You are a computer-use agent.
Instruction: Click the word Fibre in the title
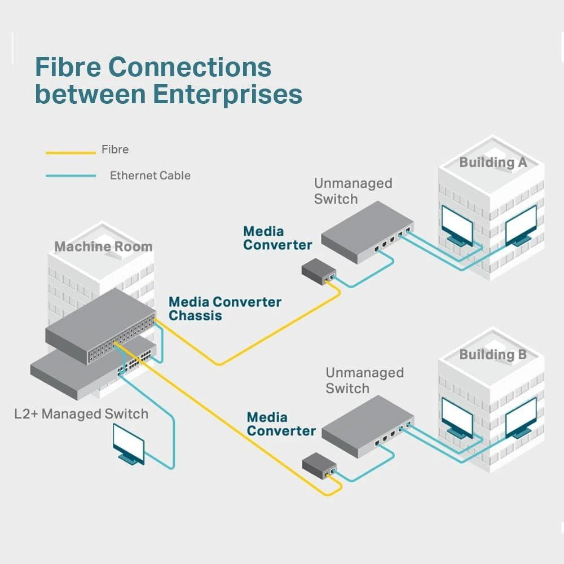[x=68, y=68]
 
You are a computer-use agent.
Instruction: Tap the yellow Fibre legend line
[x=70, y=152]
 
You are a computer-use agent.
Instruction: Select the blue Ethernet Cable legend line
[x=70, y=176]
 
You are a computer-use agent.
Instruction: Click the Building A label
[x=493, y=162]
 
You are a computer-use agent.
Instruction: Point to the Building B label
[x=493, y=355]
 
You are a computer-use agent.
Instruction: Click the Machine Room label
[x=103, y=246]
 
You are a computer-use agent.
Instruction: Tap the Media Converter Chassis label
[x=224, y=309]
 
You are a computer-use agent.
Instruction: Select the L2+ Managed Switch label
[x=81, y=414]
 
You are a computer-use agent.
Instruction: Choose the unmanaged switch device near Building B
[x=367, y=426]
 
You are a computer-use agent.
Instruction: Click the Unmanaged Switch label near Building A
[x=352, y=191]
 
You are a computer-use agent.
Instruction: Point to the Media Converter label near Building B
[x=281, y=424]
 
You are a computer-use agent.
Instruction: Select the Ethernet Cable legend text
[x=150, y=175]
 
